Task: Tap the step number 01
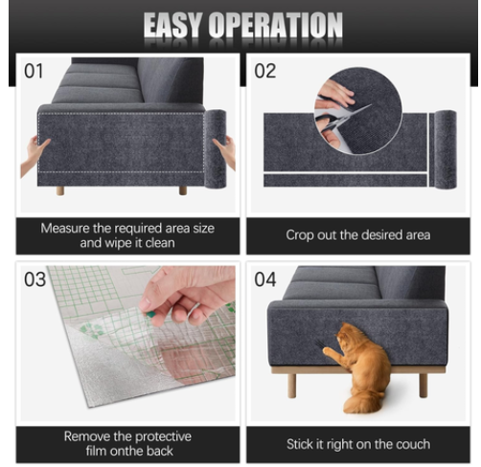34,71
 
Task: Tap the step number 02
265,71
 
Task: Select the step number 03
34,279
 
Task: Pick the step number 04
265,279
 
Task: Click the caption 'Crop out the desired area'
357,234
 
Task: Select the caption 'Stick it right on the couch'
357,444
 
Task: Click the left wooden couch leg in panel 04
291,383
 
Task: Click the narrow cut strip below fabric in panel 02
345,180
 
